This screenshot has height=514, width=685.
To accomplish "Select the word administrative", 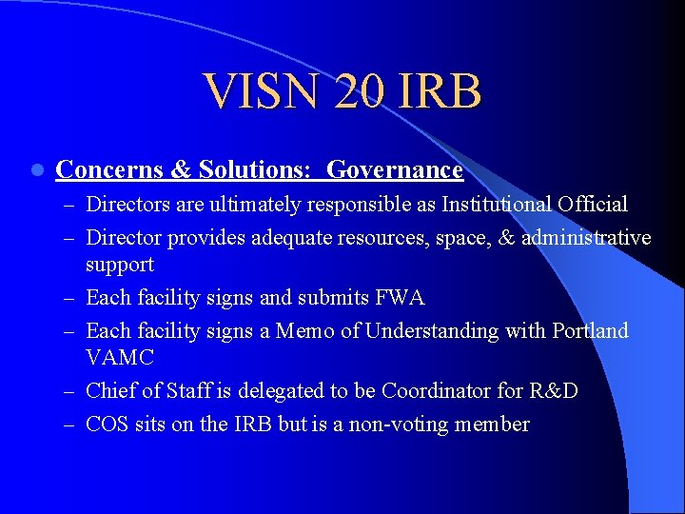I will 586,236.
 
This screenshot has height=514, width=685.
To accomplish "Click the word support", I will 120,264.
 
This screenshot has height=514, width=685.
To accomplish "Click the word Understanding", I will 428,330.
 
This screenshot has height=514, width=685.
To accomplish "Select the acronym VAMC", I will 120,358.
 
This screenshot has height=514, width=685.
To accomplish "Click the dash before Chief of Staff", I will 72,392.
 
